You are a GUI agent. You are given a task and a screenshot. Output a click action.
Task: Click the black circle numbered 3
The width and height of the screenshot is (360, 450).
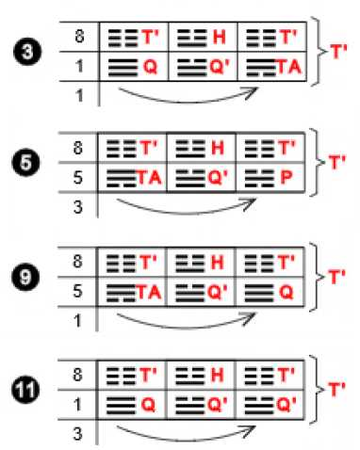click(27, 51)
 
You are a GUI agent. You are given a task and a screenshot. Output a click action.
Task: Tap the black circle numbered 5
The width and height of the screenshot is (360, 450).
click(25, 163)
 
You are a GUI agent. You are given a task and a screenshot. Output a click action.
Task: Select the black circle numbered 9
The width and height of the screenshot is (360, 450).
click(25, 278)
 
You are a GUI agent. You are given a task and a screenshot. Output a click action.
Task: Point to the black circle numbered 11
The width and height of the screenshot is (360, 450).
click(25, 390)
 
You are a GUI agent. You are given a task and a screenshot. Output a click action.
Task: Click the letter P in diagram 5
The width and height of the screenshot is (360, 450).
click(286, 177)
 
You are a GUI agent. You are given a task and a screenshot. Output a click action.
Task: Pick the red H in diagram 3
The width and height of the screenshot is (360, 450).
click(220, 37)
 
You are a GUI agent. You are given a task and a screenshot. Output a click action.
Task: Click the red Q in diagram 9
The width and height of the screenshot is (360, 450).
click(286, 292)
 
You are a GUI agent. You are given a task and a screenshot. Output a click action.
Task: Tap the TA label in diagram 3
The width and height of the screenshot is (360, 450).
click(289, 67)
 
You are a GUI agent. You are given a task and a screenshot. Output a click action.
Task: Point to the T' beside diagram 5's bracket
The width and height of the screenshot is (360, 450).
click(337, 162)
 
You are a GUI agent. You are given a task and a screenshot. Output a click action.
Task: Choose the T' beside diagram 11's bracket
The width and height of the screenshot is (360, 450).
click(337, 389)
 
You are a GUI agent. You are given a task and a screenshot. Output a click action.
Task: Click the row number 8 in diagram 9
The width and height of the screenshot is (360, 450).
click(77, 262)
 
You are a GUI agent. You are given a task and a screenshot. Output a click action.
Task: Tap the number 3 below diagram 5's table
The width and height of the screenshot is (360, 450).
click(78, 207)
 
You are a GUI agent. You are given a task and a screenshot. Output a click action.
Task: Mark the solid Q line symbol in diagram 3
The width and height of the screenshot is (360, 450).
click(123, 67)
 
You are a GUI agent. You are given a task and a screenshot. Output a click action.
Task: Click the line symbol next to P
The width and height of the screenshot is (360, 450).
click(259, 178)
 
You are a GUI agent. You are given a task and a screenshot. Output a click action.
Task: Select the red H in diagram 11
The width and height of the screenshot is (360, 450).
click(218, 375)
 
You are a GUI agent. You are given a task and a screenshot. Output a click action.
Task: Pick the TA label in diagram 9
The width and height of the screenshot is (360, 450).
click(149, 292)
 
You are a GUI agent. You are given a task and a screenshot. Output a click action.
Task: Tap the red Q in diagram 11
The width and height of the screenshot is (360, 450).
click(148, 405)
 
